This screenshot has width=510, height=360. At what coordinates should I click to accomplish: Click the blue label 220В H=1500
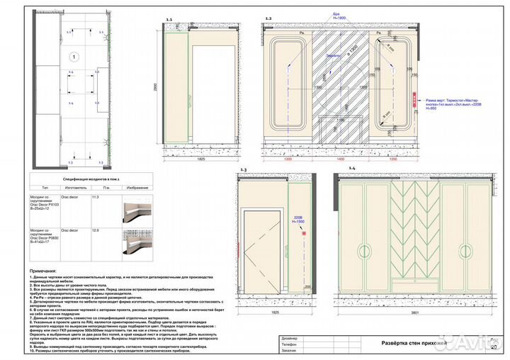297,220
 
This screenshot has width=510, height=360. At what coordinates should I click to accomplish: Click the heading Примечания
44,271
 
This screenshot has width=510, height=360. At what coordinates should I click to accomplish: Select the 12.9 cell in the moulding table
95,231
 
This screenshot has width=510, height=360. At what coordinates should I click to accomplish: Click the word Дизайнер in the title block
292,338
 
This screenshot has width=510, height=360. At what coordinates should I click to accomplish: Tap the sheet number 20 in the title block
492,347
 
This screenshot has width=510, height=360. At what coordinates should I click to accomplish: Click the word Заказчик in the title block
292,351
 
